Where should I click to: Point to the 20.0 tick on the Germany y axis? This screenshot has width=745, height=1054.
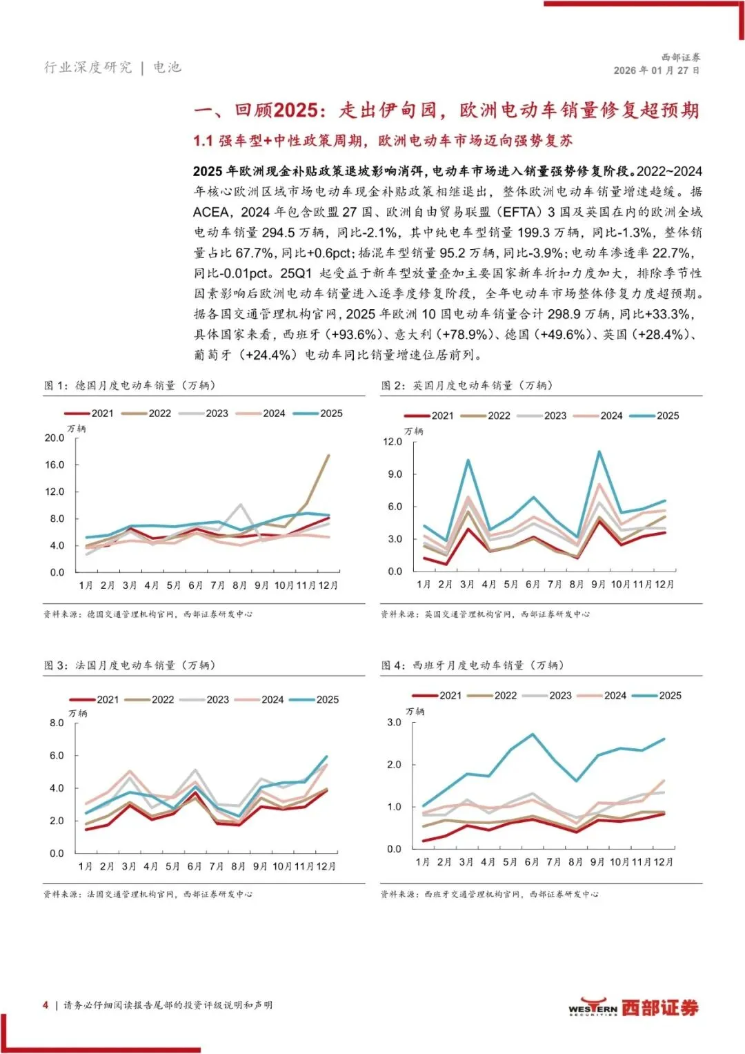pyautogui.click(x=54, y=438)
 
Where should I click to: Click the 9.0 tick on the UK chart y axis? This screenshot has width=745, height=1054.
pyautogui.click(x=393, y=474)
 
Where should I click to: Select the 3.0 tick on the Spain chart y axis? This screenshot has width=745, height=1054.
pyautogui.click(x=394, y=722)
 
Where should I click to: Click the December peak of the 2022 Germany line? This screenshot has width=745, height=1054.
pyautogui.click(x=328, y=456)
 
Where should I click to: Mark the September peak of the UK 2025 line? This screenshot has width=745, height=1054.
pyautogui.click(x=599, y=452)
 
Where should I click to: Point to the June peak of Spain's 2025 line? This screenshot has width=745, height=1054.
pyautogui.click(x=532, y=734)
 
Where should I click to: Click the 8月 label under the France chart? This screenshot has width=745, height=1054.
pyautogui.click(x=238, y=866)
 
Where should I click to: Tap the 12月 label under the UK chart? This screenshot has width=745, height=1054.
pyautogui.click(x=664, y=584)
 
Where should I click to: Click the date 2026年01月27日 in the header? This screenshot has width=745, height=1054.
pyautogui.click(x=656, y=70)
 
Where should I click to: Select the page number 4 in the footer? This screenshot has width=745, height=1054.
pyautogui.click(x=46, y=1005)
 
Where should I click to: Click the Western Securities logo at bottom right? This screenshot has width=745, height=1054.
pyautogui.click(x=633, y=1008)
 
